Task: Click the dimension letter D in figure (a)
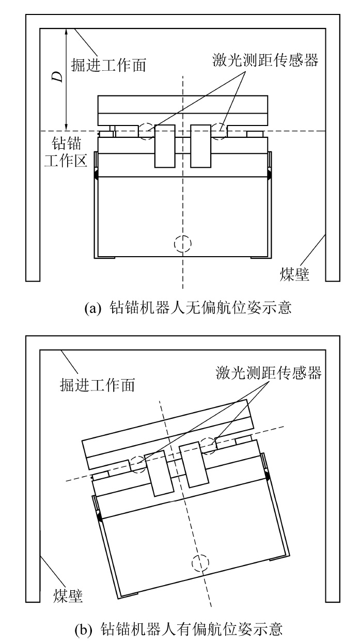coord(58,76)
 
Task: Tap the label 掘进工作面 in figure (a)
coord(108,65)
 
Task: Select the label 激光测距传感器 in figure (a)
coord(265,60)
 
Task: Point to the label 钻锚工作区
coord(66,152)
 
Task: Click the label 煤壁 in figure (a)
coord(294,274)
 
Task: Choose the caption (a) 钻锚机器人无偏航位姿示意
coord(188,308)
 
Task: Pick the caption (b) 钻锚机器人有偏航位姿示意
coord(179,629)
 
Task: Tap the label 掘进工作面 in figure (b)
coord(97,385)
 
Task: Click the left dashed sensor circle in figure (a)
coord(147,131)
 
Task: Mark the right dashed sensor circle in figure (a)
coord(219,131)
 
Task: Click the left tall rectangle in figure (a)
coord(165,146)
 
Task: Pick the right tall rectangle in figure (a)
coord(201,146)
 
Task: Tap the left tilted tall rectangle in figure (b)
coord(159,473)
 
